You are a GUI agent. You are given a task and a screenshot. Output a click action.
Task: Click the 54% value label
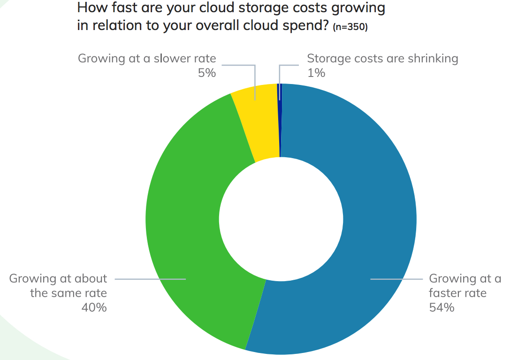pyautogui.click(x=441, y=308)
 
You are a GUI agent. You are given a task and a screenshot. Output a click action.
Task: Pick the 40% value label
pyautogui.click(x=94, y=308)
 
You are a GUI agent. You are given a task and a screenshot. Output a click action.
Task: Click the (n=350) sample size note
pyautogui.click(x=350, y=27)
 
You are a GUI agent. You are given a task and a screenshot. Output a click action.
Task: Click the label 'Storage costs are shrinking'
pyautogui.click(x=382, y=59)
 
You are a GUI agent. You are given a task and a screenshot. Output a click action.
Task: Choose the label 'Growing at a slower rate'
pyautogui.click(x=147, y=59)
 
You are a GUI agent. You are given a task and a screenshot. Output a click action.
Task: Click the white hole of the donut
pyautogui.click(x=281, y=219)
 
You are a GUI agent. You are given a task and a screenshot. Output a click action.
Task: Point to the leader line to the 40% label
pyautogui.click(x=150, y=279)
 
